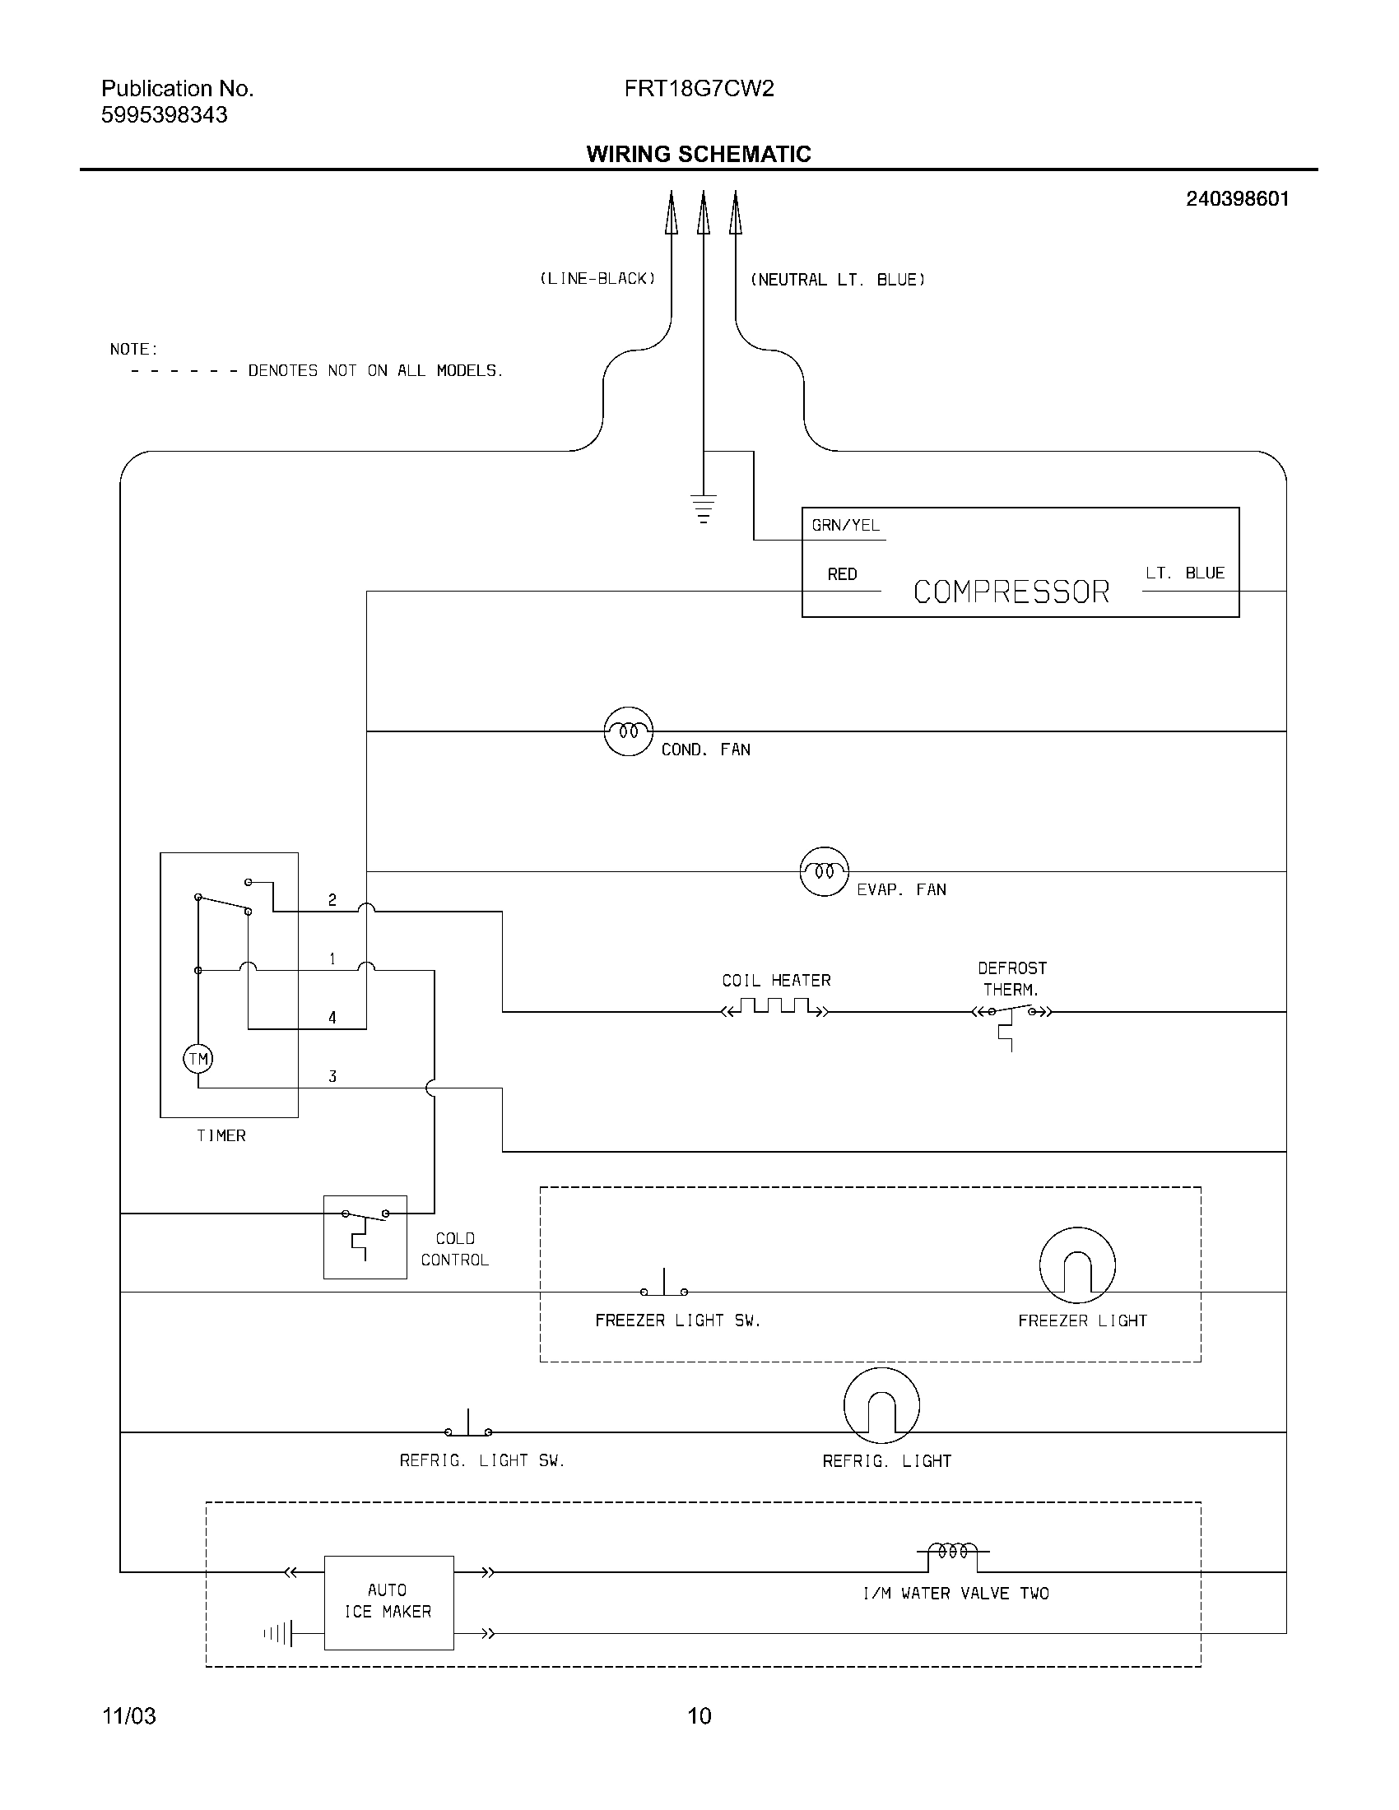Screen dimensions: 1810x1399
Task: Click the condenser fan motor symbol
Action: [628, 731]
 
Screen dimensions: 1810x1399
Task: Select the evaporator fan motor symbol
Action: [824, 871]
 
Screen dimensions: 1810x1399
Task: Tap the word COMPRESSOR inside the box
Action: [1011, 592]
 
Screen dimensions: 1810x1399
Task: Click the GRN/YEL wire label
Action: [845, 526]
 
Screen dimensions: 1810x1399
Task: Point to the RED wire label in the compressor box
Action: [842, 573]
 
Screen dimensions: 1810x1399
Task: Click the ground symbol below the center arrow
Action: [703, 508]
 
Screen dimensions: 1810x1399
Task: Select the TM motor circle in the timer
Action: [198, 1058]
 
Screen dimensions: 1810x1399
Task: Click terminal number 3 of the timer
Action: [332, 1077]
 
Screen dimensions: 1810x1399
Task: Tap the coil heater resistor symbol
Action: [775, 1009]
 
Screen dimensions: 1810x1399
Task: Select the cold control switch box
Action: [365, 1237]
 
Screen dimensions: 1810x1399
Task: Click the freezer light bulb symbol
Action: [1076, 1265]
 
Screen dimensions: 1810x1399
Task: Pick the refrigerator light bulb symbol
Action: [881, 1405]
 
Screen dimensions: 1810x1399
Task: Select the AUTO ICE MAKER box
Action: [388, 1602]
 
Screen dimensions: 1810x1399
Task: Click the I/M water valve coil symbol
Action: [952, 1552]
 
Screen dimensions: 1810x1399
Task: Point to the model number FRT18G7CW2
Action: [699, 89]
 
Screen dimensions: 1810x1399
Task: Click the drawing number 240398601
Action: [1237, 199]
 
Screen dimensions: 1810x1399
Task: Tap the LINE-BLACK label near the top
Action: [597, 279]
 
